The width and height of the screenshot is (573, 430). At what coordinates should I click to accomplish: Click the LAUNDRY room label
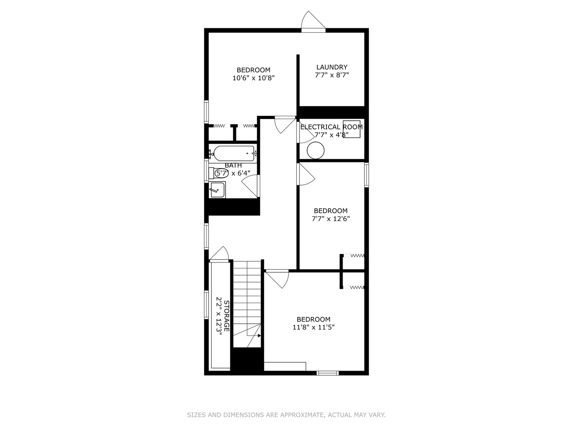[331, 67]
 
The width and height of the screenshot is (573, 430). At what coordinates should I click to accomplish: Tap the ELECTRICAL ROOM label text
[331, 127]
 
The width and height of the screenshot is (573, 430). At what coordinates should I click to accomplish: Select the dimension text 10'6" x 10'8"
[253, 78]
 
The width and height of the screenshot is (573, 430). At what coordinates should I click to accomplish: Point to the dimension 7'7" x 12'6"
[330, 219]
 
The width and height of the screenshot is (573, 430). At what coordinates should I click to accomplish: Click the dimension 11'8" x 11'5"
[313, 327]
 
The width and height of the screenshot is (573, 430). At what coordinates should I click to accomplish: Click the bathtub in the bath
[234, 152]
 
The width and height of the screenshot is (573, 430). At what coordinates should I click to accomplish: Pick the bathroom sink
[217, 190]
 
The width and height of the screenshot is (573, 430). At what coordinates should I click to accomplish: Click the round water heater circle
[316, 151]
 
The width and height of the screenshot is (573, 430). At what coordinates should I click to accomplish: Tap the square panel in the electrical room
[352, 129]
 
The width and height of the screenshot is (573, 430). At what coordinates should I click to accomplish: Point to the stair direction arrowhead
[259, 336]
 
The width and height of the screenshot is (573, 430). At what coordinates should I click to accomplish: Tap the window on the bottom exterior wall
[328, 373]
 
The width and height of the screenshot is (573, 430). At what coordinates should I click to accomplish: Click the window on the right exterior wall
[366, 175]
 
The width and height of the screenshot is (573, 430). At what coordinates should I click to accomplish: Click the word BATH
[233, 165]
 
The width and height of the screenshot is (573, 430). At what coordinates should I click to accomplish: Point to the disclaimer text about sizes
[286, 415]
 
